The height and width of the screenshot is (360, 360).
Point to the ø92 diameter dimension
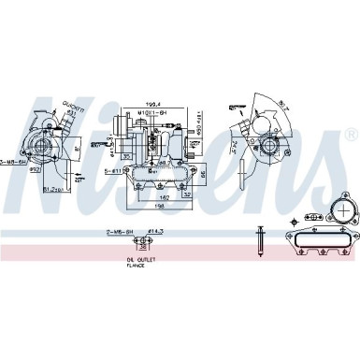pyautogui.click(x=32, y=169)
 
